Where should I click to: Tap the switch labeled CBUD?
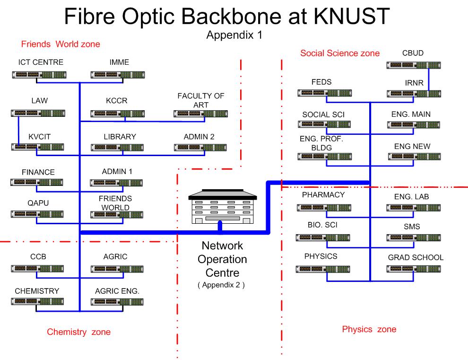pos(414,65)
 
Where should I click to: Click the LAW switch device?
pos(38,113)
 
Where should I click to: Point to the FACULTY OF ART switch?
pos(200,113)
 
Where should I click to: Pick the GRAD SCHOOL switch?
pos(413,269)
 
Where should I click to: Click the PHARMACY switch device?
pos(324,207)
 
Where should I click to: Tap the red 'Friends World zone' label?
pos(61,44)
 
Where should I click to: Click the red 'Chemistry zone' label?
pos(78,332)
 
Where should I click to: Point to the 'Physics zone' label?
pos(369,329)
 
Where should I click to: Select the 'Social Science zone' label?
pos(340,53)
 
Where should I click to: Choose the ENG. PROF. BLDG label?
pos(321,143)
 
